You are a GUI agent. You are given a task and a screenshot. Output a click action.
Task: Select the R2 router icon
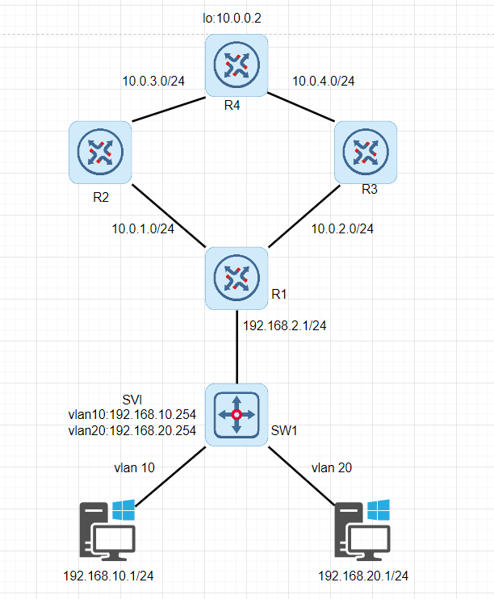[x=100, y=151]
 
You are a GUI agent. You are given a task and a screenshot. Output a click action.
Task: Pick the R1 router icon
[x=236, y=278]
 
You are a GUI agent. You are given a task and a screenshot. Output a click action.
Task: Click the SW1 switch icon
[x=236, y=415]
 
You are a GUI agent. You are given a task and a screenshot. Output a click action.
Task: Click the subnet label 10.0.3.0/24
[x=153, y=81]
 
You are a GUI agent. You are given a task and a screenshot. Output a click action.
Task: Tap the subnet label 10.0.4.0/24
[x=322, y=81]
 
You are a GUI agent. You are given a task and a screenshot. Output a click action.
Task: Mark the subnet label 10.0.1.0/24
[x=143, y=228]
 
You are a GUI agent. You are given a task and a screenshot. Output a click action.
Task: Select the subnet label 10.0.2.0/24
[x=342, y=228]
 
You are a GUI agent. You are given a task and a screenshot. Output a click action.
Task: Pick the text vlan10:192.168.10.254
[x=132, y=415]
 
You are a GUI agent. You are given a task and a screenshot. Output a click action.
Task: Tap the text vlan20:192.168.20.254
[x=132, y=430]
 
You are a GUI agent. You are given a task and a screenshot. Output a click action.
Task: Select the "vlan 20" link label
[x=330, y=467]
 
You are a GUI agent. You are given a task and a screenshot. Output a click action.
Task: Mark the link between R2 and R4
[x=168, y=110]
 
